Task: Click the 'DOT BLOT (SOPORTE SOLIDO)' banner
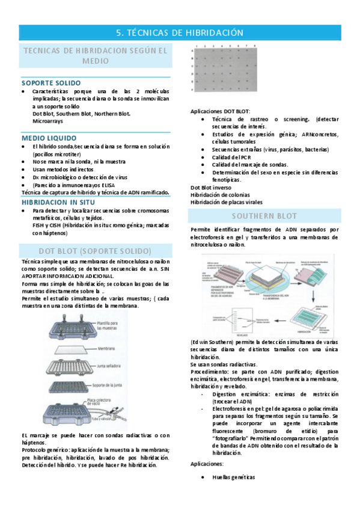pyautogui.click(x=95, y=250)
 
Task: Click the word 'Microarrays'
pyautogui.click(x=49, y=121)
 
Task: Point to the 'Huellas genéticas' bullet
pyautogui.click(x=233, y=477)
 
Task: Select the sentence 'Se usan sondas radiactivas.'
pyautogui.click(x=224, y=364)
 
